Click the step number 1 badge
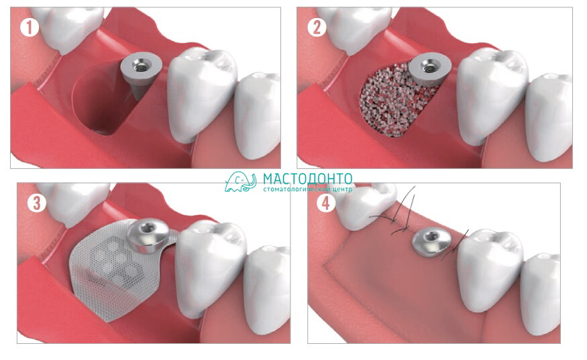[30, 27]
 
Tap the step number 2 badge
[317, 27]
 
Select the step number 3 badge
[36, 203]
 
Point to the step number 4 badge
[325, 203]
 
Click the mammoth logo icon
[240, 182]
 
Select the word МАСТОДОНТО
[307, 178]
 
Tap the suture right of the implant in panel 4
[455, 245]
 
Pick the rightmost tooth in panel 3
[268, 288]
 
